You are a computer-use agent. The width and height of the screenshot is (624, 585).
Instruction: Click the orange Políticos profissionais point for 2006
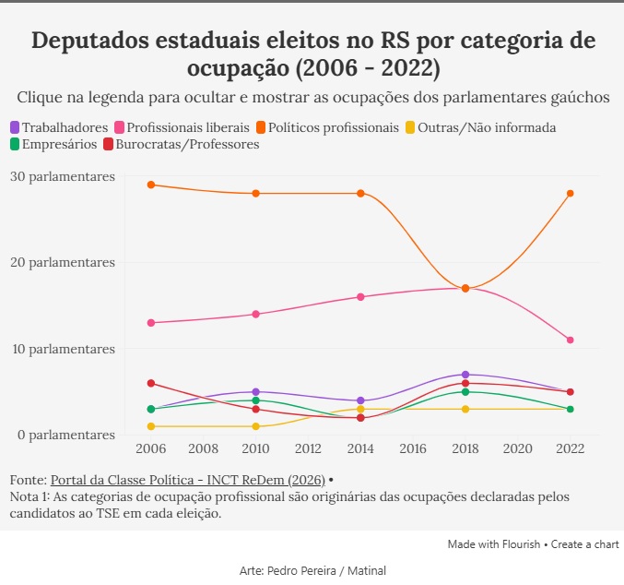pos(151,185)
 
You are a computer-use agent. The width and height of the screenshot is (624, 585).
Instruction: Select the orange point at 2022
pos(570,193)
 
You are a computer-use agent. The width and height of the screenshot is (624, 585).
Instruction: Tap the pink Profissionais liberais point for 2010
pos(256,314)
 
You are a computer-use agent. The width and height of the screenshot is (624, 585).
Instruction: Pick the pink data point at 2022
pos(570,340)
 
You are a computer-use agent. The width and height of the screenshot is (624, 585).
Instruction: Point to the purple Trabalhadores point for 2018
pos(465,375)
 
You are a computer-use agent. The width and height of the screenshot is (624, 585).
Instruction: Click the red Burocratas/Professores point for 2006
pos(151,383)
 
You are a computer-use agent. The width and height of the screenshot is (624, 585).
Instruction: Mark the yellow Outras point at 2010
pos(256,426)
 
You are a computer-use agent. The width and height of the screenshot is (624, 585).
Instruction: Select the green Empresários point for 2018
pos(465,392)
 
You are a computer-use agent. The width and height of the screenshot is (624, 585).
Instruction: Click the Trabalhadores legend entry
pos(59,127)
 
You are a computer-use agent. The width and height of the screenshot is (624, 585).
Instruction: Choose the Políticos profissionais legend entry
pos(327,127)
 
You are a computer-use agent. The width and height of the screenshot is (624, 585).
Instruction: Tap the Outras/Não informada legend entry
pos(481,127)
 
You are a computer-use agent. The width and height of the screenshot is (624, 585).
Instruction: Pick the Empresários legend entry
pos(53,144)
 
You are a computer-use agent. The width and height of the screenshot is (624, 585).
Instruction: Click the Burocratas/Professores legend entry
pos(182,144)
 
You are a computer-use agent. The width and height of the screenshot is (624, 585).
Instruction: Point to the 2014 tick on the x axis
pos(360,448)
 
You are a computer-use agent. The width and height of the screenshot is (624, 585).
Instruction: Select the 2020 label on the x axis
pos(518,448)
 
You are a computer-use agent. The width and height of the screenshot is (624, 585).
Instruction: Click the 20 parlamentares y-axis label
pos(63,262)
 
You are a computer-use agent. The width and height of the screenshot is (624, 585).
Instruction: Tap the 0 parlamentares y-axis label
pos(66,435)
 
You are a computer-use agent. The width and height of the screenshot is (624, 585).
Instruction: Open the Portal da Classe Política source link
pos(188,480)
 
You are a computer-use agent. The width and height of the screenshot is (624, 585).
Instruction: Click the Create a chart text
pos(584,544)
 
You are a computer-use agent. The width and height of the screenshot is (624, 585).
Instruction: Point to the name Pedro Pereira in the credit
pos(301,570)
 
